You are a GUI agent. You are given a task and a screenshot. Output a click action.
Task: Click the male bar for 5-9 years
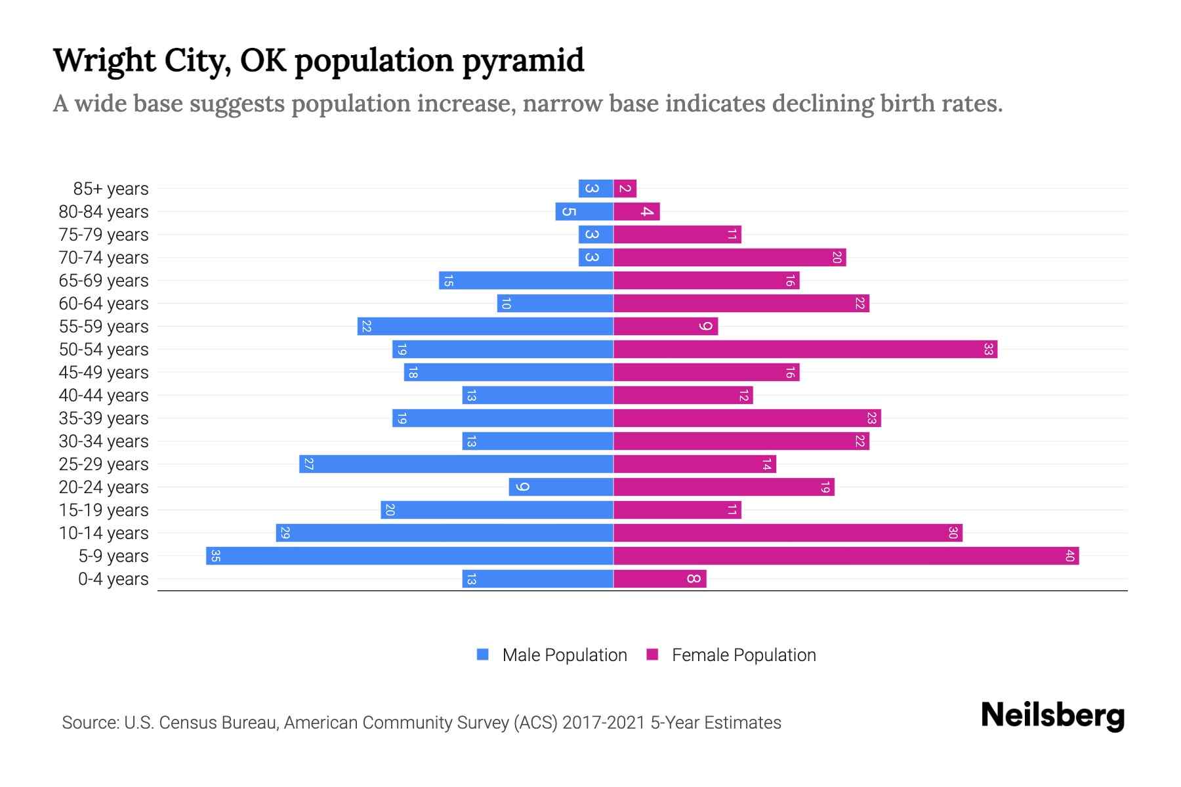point(409,556)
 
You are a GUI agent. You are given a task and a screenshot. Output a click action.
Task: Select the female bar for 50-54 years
point(805,350)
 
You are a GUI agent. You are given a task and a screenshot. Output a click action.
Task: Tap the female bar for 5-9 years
point(846,556)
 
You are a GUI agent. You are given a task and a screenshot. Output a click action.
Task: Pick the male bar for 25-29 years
point(456,464)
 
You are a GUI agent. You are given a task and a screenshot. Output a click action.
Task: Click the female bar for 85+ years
point(625,189)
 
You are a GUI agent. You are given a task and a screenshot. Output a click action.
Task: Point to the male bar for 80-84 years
point(584,212)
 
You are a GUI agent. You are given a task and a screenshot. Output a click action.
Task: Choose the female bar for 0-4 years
point(660,579)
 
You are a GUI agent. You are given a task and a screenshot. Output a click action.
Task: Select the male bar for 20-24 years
point(561,487)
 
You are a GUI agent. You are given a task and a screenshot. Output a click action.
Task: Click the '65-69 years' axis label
point(104,281)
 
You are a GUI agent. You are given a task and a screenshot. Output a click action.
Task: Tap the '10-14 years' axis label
point(104,533)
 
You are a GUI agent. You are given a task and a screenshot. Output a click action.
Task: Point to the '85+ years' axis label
point(111,189)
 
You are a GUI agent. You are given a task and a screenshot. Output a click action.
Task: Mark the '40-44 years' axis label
point(104,395)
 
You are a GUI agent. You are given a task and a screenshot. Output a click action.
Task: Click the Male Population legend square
point(483,655)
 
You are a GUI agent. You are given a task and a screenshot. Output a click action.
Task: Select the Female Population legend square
point(652,655)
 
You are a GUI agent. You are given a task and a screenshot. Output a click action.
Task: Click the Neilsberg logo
point(1052,716)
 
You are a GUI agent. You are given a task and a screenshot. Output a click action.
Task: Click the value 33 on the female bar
point(988,350)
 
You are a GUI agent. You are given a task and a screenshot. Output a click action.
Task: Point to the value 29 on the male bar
point(285,533)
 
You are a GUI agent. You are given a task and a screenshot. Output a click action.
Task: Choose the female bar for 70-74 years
point(730,258)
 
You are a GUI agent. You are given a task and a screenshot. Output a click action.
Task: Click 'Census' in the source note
point(190,723)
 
